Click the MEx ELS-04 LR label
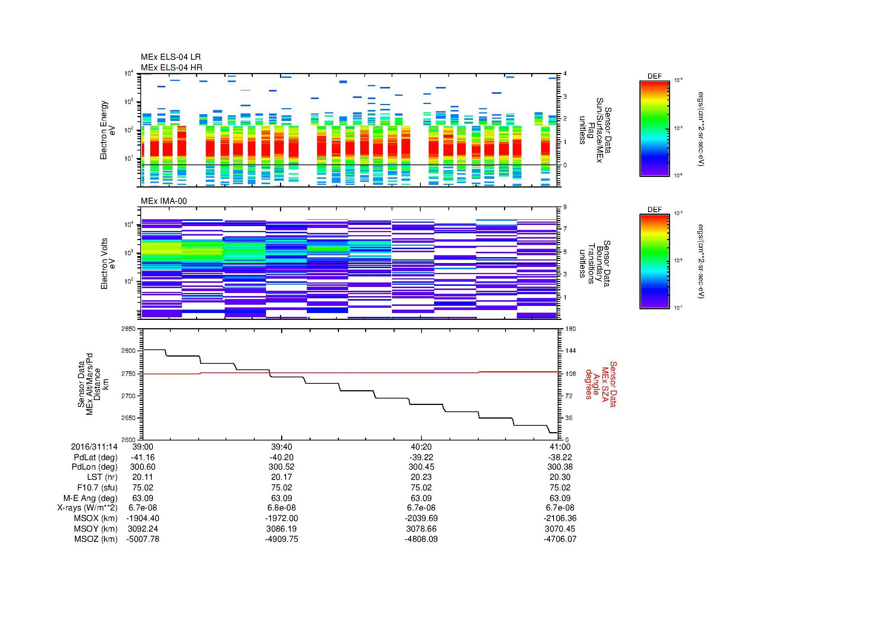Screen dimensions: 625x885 coord(171,57)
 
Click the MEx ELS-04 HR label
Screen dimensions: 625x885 coord(171,67)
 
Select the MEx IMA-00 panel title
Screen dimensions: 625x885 coord(164,201)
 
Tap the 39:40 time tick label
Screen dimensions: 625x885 coord(282,447)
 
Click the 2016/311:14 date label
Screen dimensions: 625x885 coord(94,447)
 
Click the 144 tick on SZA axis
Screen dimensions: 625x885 coord(570,351)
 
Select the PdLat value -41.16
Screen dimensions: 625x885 coord(143,457)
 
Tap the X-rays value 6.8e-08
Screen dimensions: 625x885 coord(282,508)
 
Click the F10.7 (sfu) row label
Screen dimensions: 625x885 coord(97,487)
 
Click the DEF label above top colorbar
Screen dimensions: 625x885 coord(655,76)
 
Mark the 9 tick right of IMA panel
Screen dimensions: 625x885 coord(565,207)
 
